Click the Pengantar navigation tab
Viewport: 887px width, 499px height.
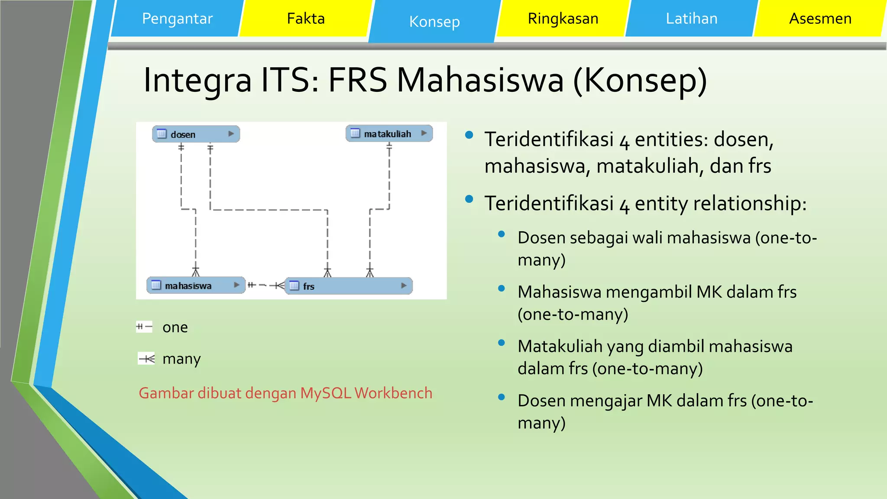click(x=177, y=19)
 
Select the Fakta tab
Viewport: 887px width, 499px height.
click(x=306, y=19)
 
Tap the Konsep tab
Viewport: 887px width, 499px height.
click(x=434, y=22)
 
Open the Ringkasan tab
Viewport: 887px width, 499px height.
click(x=563, y=19)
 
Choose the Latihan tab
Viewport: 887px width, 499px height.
click(x=691, y=19)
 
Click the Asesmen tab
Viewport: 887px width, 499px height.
click(x=820, y=19)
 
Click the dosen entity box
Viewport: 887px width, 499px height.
click(x=196, y=134)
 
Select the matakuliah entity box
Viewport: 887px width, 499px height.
click(x=388, y=134)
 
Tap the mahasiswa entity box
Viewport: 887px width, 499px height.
click(x=195, y=285)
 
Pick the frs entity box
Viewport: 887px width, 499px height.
click(x=349, y=286)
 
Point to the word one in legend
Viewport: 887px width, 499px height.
click(x=175, y=327)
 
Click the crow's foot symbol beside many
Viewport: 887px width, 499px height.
click(x=146, y=359)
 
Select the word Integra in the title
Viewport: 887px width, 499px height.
click(x=197, y=81)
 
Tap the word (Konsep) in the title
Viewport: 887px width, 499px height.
click(x=640, y=81)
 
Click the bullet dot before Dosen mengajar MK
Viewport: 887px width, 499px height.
click(x=502, y=397)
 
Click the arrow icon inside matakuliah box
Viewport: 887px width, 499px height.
click(x=424, y=133)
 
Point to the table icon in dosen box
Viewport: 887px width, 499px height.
click(x=162, y=134)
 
